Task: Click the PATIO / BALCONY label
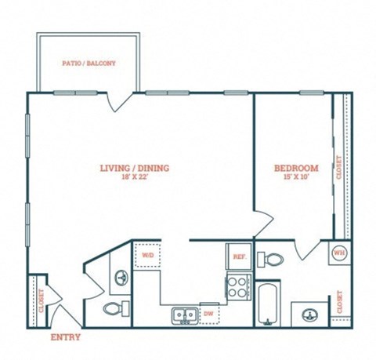point(89,61)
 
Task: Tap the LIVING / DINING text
point(134,168)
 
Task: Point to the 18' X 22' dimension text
point(134,177)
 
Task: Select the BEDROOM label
point(295,168)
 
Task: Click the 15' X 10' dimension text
point(295,177)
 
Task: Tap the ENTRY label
point(64,337)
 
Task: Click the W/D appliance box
point(148,256)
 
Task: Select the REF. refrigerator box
point(238,256)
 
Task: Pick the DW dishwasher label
point(208,314)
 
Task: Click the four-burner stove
point(237,286)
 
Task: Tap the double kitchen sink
point(185,315)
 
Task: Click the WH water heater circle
point(339,253)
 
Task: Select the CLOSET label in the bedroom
point(338,167)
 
